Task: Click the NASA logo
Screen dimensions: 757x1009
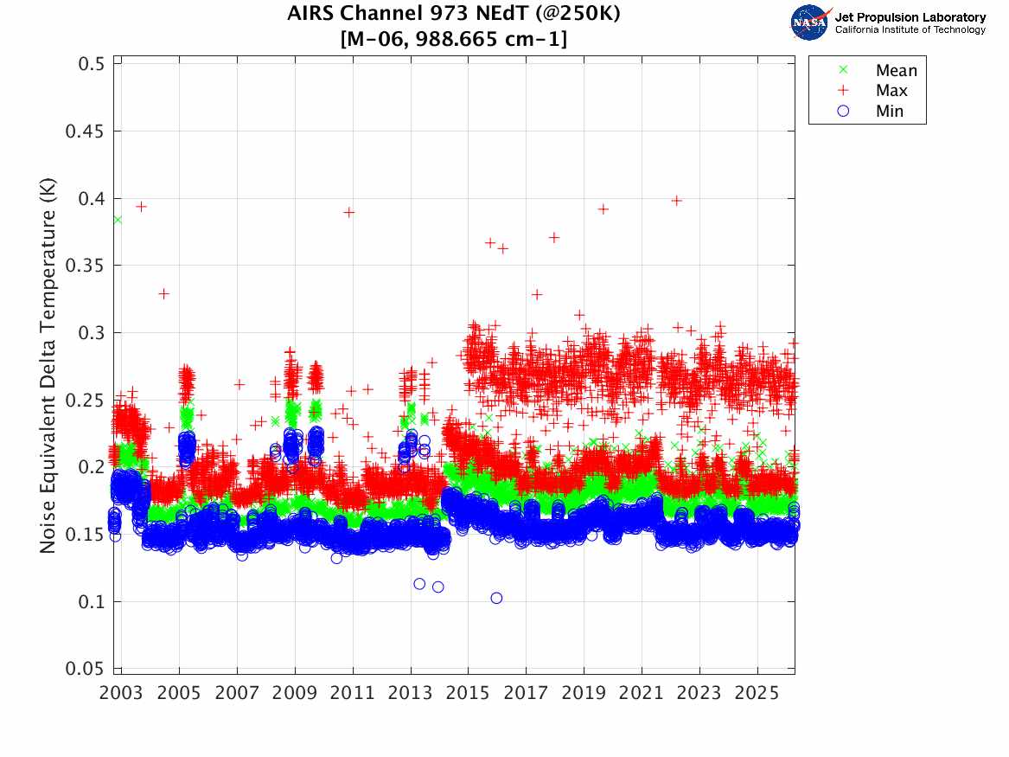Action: (x=811, y=22)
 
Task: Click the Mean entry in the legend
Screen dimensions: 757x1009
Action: (x=896, y=71)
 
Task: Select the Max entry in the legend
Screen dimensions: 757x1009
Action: (x=891, y=91)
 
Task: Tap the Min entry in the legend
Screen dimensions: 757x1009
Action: (x=889, y=112)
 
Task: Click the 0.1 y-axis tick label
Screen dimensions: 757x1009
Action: (x=89, y=601)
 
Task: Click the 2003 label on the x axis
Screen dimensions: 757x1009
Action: (x=121, y=694)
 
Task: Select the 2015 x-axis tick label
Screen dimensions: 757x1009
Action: (x=468, y=694)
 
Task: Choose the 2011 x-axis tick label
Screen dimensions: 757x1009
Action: (x=353, y=694)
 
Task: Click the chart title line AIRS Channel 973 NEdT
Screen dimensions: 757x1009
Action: (x=454, y=14)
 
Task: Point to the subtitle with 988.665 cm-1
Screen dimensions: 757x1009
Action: (x=454, y=39)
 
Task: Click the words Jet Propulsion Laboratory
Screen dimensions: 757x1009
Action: (x=910, y=17)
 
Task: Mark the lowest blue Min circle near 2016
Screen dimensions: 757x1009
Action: (x=496, y=598)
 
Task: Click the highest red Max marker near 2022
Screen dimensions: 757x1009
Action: (x=677, y=201)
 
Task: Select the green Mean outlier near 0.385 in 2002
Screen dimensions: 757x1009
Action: (x=118, y=220)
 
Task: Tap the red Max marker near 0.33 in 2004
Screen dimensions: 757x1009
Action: (x=163, y=294)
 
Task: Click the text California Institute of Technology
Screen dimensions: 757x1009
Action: (x=910, y=30)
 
